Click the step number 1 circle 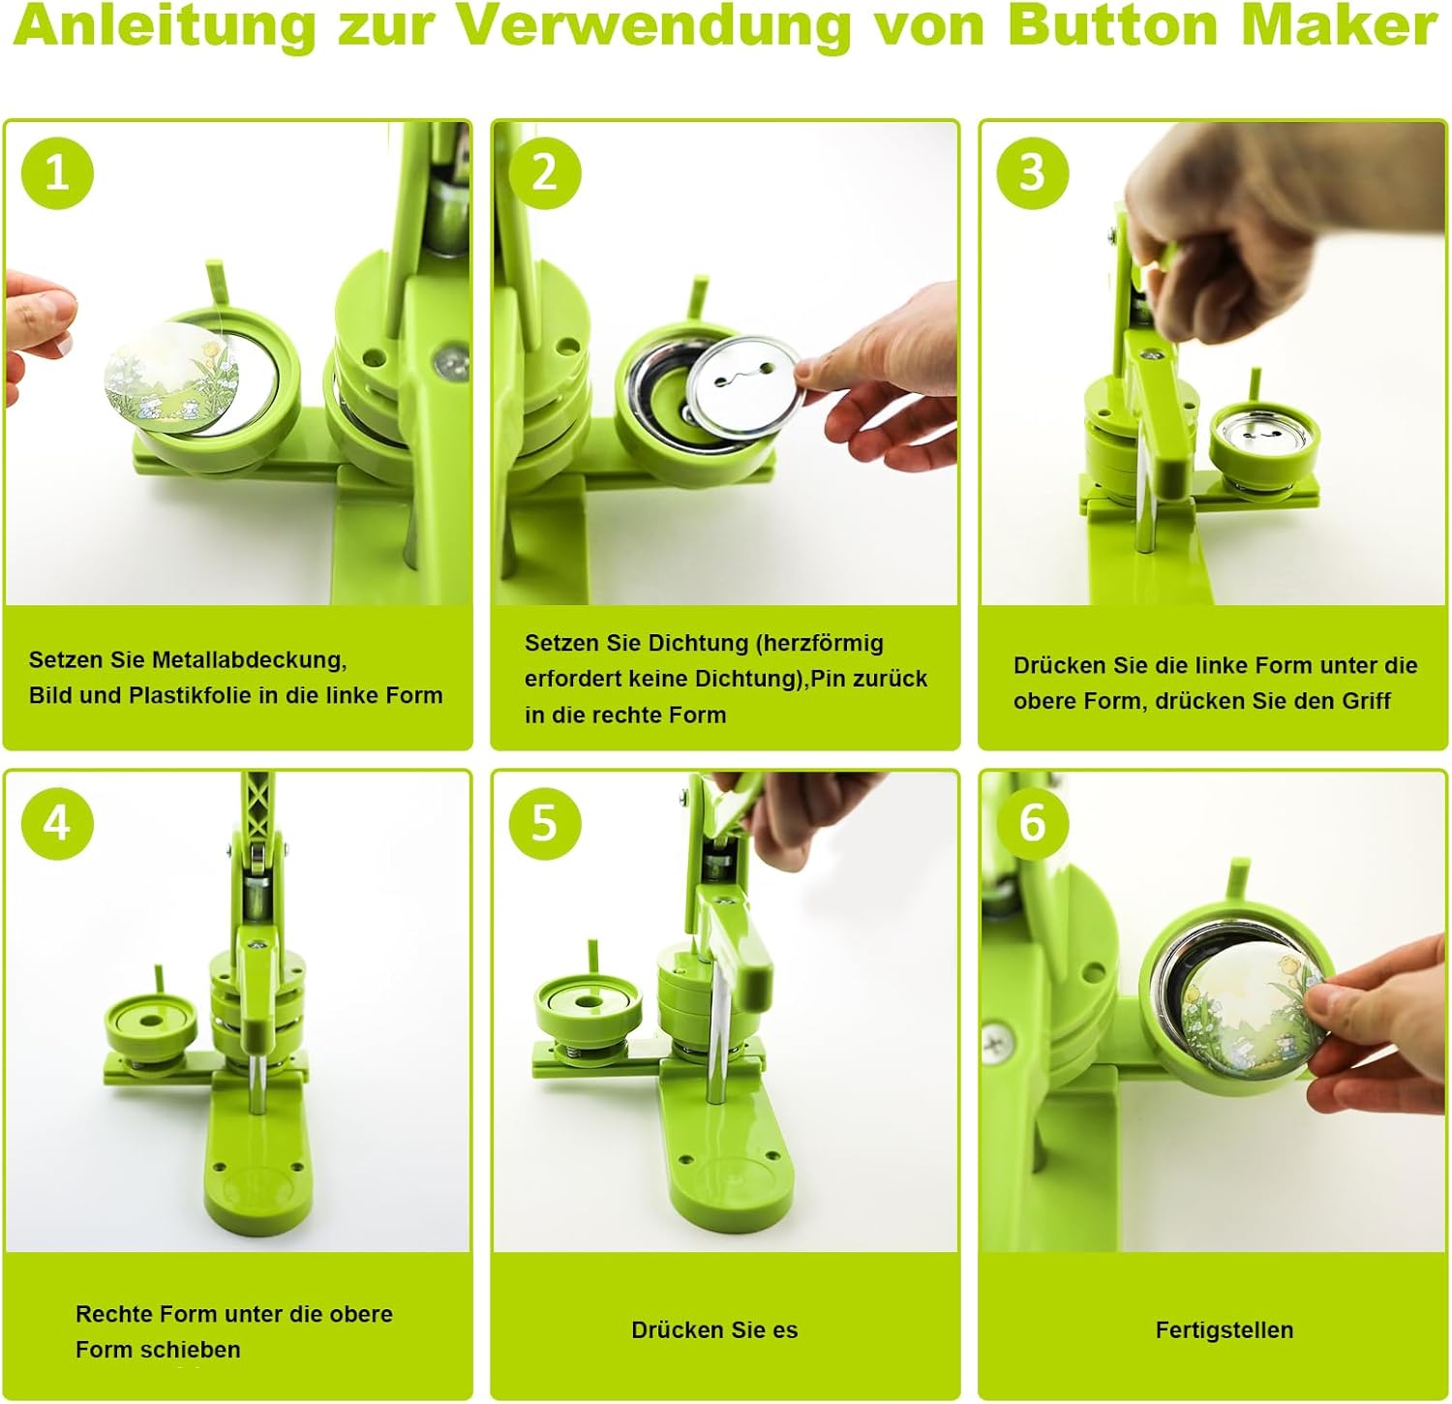point(57,173)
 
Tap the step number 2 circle point(545,173)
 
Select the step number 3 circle point(1032,173)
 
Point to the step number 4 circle point(57,823)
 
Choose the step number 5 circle point(545,823)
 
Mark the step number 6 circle point(1032,823)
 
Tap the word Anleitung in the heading point(165,26)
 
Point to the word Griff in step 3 point(1366,701)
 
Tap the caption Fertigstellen point(1224,1330)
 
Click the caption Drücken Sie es point(714,1330)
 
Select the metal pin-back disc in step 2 point(741,380)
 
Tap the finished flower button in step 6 point(1249,1017)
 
